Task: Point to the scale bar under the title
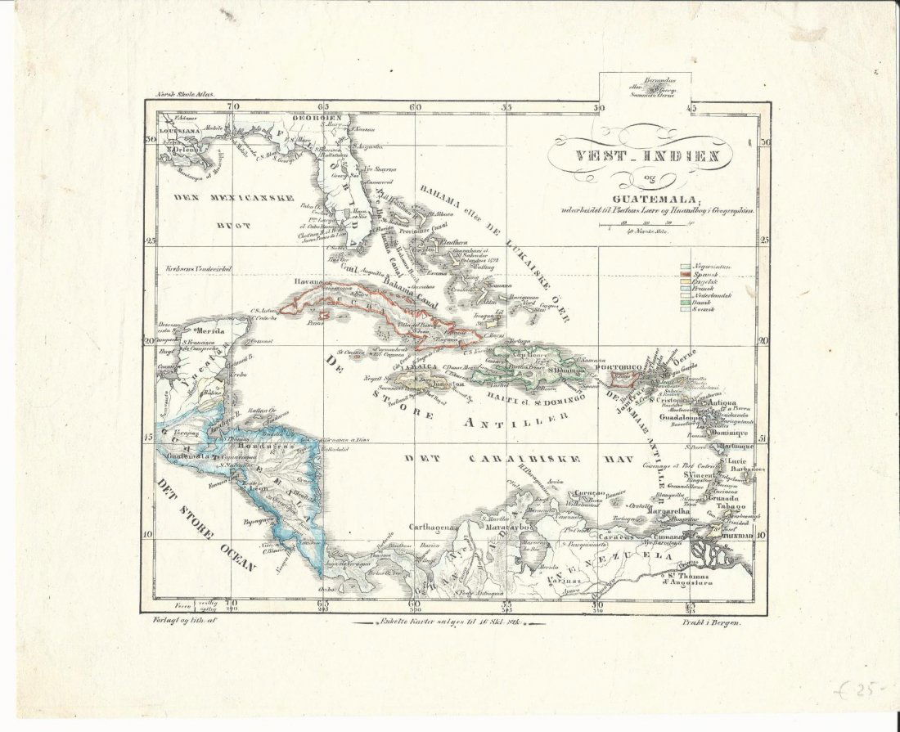pyautogui.click(x=646, y=224)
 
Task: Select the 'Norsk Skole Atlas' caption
pyautogui.click(x=185, y=96)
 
